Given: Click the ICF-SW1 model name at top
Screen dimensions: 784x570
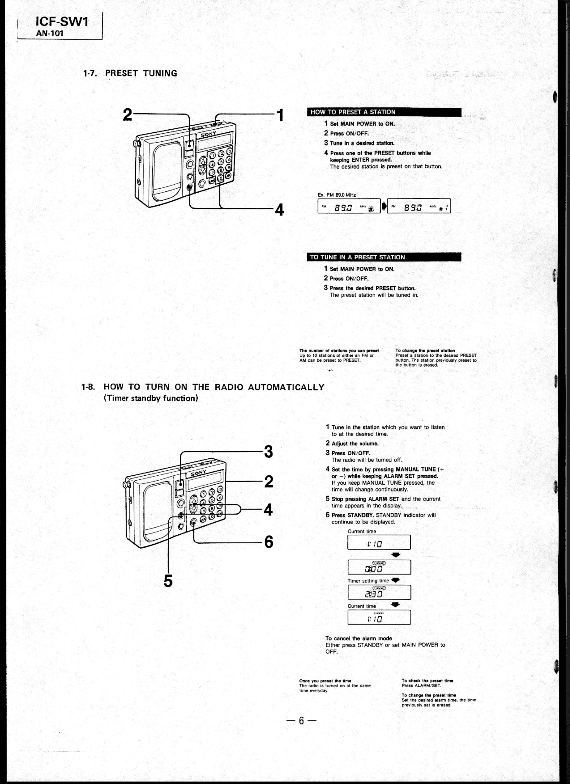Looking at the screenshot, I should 62,22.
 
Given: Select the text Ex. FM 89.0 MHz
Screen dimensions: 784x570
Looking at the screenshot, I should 336,195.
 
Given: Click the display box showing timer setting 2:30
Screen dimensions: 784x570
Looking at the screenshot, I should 379,593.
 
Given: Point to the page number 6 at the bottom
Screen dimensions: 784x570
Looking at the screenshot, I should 301,721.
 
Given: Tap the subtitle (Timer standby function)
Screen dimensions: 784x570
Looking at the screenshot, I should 151,398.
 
